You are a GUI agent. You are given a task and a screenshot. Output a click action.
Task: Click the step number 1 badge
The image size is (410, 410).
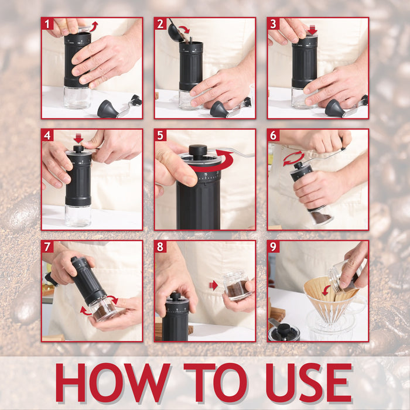click(47, 24)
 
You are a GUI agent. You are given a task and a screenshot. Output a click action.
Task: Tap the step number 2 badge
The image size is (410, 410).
click(160, 24)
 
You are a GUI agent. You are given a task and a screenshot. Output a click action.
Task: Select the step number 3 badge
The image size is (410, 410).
click(274, 24)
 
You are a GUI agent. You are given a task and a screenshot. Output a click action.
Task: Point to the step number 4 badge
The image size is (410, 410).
click(47, 135)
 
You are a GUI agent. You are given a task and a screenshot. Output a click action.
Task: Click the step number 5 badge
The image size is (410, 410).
click(160, 135)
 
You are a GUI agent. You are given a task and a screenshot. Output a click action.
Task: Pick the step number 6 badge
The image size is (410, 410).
click(274, 135)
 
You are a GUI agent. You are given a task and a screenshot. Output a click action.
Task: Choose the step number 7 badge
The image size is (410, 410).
click(47, 247)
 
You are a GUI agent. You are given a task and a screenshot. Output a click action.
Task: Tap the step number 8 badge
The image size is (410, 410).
click(160, 247)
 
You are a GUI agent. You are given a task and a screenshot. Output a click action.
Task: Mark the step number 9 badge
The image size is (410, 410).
click(274, 247)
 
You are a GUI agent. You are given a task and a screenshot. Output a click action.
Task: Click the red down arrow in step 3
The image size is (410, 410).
click(312, 29)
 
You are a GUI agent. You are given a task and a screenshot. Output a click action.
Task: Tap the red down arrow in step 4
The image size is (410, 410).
click(78, 139)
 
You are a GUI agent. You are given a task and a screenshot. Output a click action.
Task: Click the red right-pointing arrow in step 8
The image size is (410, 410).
click(213, 285)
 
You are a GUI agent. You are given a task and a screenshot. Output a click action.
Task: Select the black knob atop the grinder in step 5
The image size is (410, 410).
click(198, 151)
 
